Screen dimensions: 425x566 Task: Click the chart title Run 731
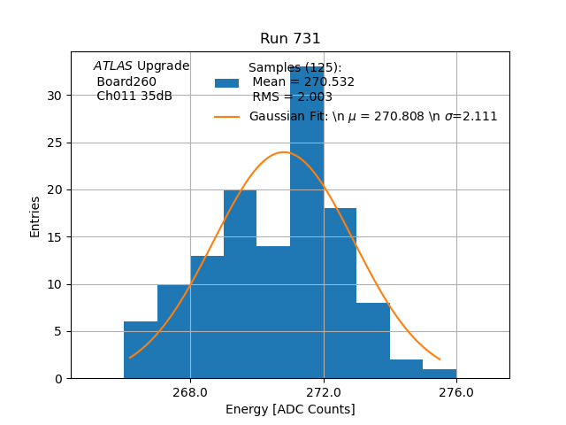[x=290, y=39]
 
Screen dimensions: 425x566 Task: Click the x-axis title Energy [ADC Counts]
[x=290, y=409]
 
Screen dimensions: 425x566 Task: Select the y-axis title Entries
[x=35, y=216]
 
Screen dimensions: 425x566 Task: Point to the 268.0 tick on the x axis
[x=190, y=392]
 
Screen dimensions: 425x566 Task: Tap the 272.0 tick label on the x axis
[x=324, y=392]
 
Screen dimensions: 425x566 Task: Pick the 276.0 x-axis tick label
[x=456, y=392]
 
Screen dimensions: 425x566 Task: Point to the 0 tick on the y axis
[x=58, y=379]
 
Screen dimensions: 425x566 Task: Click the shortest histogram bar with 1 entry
[x=440, y=374]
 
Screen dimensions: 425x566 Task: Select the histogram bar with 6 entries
[x=141, y=351]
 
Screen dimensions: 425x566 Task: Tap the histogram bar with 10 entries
[x=173, y=332]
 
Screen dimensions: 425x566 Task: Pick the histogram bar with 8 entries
[x=373, y=341]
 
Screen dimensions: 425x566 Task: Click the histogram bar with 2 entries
[x=406, y=369]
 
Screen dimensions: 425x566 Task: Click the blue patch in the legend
[x=226, y=82]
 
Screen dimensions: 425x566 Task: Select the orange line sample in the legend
[x=226, y=116]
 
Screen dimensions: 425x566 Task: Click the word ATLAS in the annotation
[x=112, y=66]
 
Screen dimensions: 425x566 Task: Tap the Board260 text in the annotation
[x=126, y=81]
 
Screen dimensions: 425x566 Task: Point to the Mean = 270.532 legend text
[x=303, y=82]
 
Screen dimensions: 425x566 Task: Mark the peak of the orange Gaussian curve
[x=283, y=152]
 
